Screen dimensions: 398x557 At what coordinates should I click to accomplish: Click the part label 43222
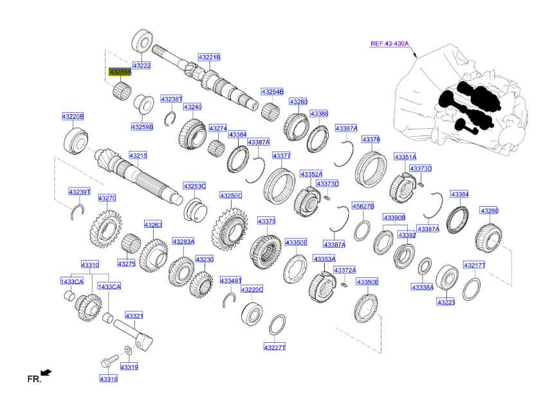click(x=142, y=65)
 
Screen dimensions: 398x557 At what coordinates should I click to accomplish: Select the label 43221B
click(x=209, y=58)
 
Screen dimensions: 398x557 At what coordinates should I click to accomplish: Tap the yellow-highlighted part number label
click(x=120, y=72)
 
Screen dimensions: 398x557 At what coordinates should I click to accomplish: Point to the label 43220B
click(x=73, y=116)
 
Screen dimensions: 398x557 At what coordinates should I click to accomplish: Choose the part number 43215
click(x=138, y=155)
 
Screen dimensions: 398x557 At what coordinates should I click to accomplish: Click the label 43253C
click(x=194, y=186)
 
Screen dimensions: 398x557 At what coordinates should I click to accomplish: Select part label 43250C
click(x=230, y=195)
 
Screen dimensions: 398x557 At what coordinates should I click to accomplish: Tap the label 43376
click(x=370, y=139)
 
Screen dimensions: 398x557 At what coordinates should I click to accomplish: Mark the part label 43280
click(x=489, y=211)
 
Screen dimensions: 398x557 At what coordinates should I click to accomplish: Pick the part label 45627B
click(x=363, y=206)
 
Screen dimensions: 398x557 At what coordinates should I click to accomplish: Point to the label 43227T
click(x=274, y=347)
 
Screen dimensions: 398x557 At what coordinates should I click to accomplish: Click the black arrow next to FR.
click(x=46, y=372)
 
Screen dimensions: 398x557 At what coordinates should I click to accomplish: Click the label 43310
click(x=90, y=264)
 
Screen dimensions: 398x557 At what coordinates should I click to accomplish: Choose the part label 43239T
click(x=80, y=192)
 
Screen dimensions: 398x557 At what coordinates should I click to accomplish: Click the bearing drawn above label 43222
click(x=142, y=41)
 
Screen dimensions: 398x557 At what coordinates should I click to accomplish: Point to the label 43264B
click(x=272, y=92)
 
